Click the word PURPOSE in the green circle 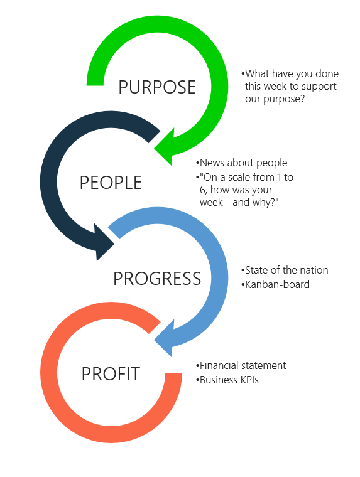pos(157,87)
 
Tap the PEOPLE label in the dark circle pos(111,183)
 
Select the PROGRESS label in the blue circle pos(157,278)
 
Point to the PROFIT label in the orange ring pos(111,374)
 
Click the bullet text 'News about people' pos(243,163)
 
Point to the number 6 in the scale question pos(203,190)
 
